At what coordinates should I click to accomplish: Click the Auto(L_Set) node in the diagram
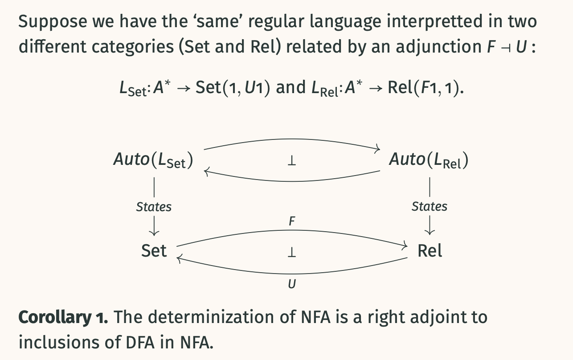(x=153, y=160)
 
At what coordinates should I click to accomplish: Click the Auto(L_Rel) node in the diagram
(x=429, y=160)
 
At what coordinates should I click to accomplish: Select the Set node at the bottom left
(x=154, y=251)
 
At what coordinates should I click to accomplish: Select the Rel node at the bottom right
(x=430, y=251)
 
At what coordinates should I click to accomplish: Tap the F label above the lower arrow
(x=291, y=221)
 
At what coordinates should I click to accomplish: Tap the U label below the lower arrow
(x=291, y=283)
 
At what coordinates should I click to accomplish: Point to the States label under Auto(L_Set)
(x=154, y=207)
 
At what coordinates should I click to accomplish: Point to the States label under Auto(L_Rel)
(x=429, y=206)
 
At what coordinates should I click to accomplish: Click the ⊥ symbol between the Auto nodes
(x=291, y=161)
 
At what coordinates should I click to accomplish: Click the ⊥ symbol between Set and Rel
(x=291, y=253)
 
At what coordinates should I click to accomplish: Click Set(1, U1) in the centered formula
(x=233, y=87)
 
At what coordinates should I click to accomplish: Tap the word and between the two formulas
(x=290, y=87)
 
